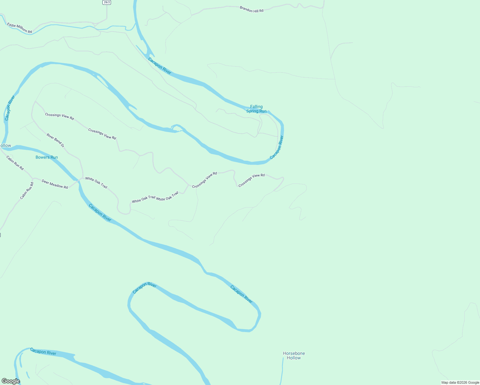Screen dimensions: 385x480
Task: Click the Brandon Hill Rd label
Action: coord(252,9)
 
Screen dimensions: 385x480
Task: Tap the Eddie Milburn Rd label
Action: coord(20,28)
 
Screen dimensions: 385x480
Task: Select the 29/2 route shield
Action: coord(107,2)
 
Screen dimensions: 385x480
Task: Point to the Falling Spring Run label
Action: coord(256,109)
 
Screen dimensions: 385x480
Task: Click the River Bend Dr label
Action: coord(56,141)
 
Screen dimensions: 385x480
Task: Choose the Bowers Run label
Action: coord(47,157)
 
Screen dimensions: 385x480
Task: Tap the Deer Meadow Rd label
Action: coord(55,184)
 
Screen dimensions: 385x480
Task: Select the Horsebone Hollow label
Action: coord(294,355)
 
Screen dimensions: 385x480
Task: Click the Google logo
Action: coord(11,381)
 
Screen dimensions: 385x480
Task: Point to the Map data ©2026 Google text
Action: coord(460,382)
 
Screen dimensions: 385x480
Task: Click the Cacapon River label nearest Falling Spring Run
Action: coord(277,147)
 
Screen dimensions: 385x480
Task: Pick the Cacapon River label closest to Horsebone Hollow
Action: coord(241,294)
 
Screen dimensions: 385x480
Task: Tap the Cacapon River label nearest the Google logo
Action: coord(43,351)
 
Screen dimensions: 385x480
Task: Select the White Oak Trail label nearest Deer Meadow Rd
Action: coord(96,183)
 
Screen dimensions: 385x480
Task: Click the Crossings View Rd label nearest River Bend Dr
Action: coord(59,116)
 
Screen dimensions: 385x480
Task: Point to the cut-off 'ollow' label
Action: coord(5,146)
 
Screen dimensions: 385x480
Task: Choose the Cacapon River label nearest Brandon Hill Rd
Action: coord(160,66)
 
